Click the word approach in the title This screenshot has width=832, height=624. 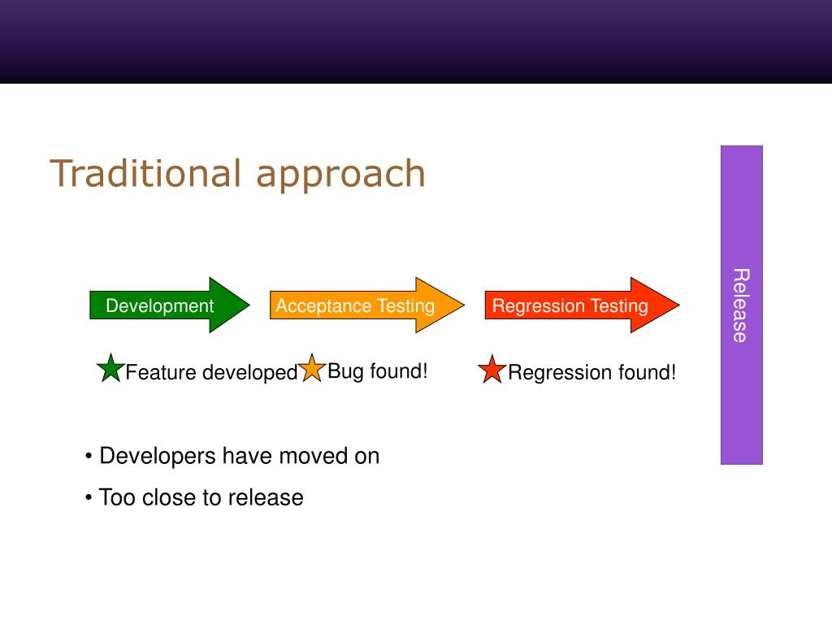click(x=340, y=175)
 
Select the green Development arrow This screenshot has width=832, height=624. click(x=170, y=305)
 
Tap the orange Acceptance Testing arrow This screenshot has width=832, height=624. click(x=367, y=305)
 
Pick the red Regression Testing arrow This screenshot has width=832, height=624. click(x=582, y=305)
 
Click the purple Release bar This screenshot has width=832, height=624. click(x=741, y=305)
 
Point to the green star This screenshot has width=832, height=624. click(x=110, y=368)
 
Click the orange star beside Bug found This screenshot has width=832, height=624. click(x=311, y=368)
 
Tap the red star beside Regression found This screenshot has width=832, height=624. click(x=492, y=370)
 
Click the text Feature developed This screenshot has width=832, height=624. click(x=211, y=372)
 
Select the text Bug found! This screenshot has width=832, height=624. click(x=377, y=370)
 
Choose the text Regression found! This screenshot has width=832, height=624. click(x=591, y=372)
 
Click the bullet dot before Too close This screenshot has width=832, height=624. click(x=89, y=498)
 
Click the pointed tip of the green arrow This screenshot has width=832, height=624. click(x=249, y=305)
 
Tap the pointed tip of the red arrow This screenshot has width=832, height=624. click(x=679, y=305)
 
